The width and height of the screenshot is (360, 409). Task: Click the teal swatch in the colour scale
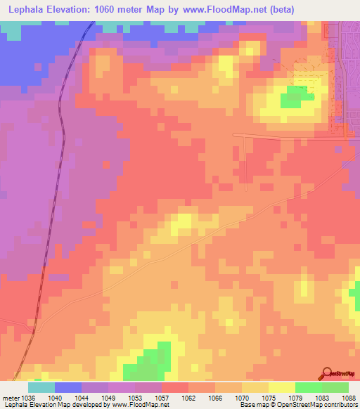[41, 387]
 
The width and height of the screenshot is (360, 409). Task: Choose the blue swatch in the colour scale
[68, 387]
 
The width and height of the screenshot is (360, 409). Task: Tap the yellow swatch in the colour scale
[282, 387]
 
